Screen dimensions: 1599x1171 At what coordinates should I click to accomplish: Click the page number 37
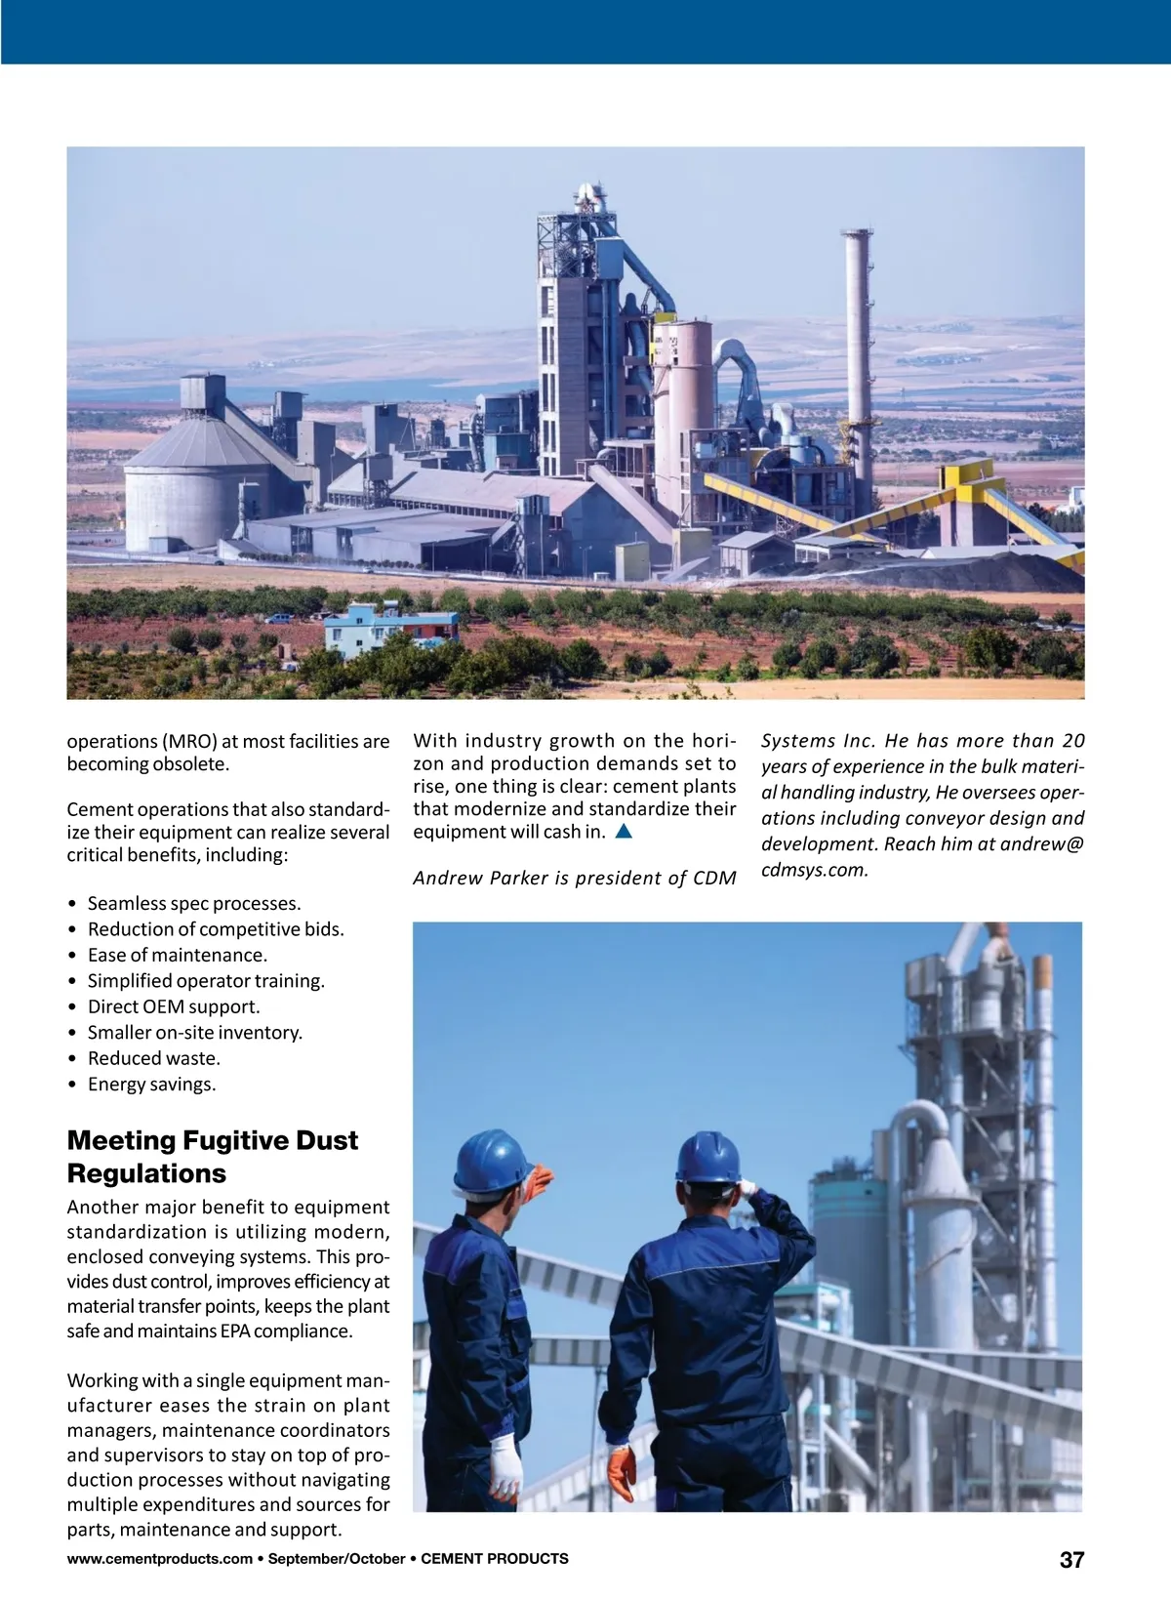point(1071,1560)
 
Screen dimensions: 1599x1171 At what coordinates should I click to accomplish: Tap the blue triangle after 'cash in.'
point(625,832)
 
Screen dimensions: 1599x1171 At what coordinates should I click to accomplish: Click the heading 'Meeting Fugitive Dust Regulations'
point(212,1156)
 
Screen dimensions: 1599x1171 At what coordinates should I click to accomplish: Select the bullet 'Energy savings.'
point(151,1084)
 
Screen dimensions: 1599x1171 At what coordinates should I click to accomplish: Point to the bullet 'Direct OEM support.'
point(174,1006)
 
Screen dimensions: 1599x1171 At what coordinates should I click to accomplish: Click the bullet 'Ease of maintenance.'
point(177,955)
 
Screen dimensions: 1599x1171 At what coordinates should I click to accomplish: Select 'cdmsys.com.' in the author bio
point(815,869)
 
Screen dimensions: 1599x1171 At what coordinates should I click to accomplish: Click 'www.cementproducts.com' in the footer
point(159,1559)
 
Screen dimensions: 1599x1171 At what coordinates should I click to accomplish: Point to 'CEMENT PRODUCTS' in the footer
point(495,1559)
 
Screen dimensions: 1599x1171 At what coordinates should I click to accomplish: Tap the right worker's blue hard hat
point(708,1159)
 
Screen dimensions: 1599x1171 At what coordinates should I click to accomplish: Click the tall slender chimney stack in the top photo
point(858,342)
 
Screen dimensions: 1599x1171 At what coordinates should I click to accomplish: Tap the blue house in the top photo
point(389,628)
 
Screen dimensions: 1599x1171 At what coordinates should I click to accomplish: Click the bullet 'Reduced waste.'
point(153,1058)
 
